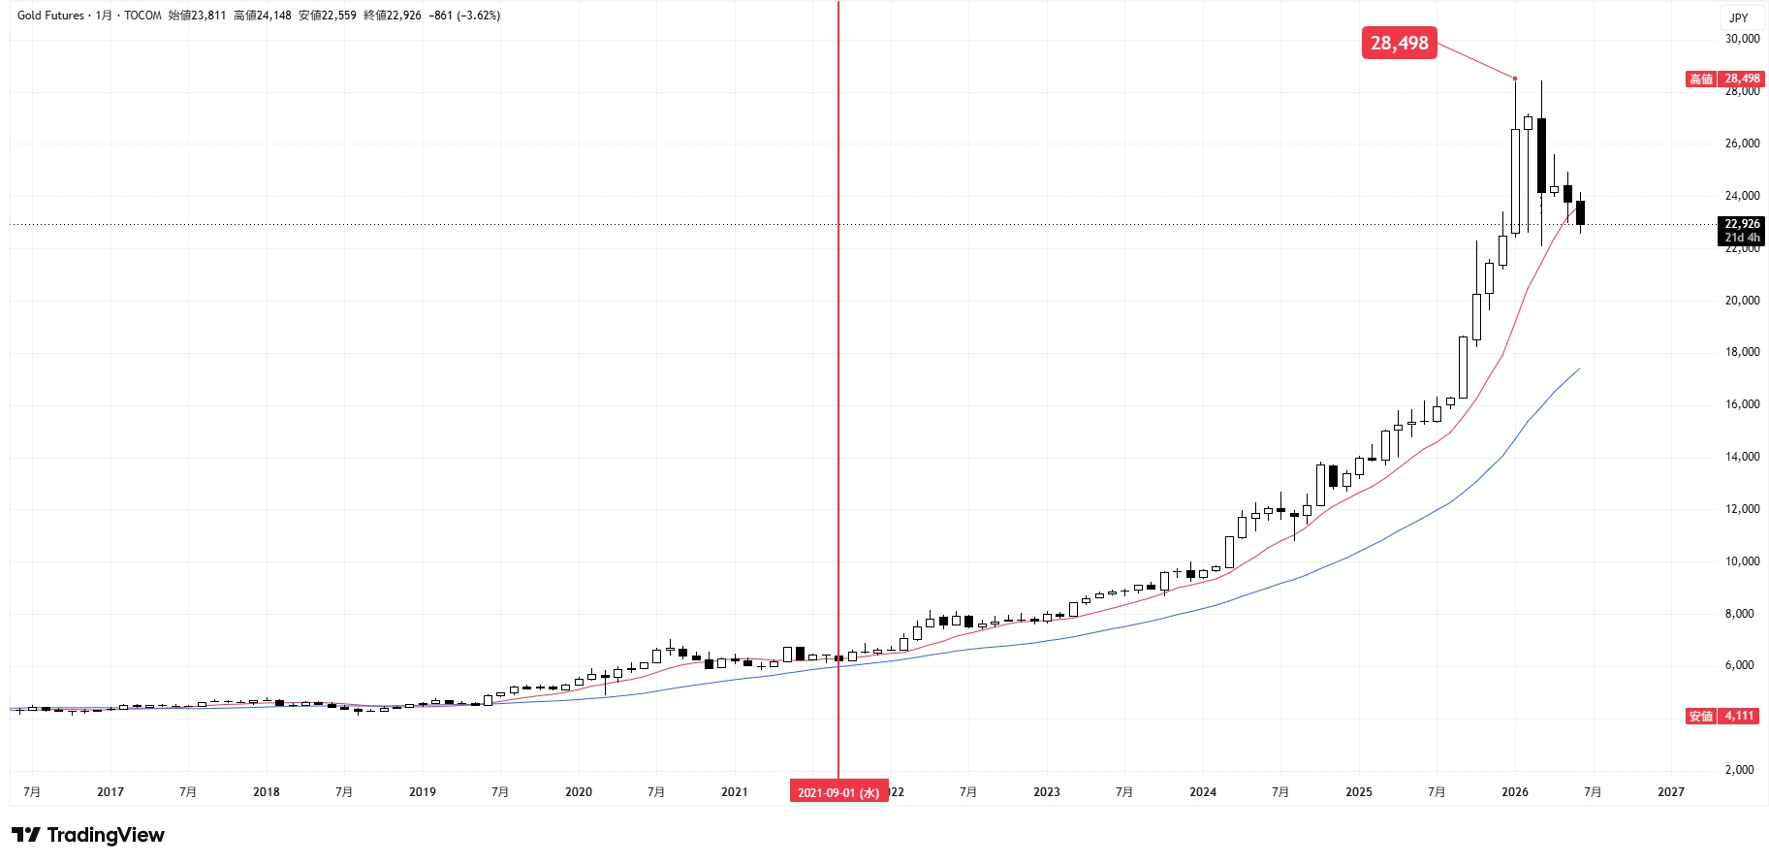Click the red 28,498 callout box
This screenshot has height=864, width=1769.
click(1399, 43)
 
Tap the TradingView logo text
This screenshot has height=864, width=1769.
click(88, 835)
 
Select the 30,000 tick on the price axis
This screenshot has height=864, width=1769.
click(1742, 39)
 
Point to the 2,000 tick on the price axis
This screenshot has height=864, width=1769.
click(1745, 770)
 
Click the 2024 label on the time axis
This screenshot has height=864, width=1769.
click(1203, 792)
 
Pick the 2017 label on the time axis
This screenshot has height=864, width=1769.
click(111, 792)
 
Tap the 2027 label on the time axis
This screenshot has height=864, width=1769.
click(1671, 792)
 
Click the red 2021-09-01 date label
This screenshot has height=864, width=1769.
click(838, 792)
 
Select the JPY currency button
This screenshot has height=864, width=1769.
click(1740, 17)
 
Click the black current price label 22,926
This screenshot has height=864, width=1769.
click(1742, 231)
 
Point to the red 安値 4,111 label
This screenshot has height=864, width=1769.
click(1722, 717)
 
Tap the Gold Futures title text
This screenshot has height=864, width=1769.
click(50, 16)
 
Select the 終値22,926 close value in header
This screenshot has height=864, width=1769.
click(393, 16)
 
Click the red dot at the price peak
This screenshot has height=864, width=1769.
click(1515, 79)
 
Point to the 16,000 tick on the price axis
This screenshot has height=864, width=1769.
click(1742, 404)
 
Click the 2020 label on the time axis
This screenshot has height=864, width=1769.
click(579, 792)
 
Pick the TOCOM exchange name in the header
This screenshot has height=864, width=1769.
click(142, 16)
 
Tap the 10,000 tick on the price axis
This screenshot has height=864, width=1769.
click(1742, 561)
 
